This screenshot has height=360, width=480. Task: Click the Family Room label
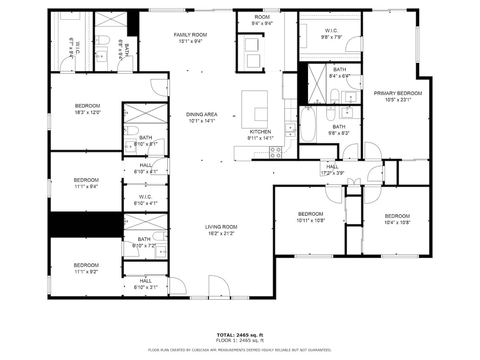(190, 35)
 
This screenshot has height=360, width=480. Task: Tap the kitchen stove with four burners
(275, 153)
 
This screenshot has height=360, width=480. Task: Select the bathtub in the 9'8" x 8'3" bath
(308, 124)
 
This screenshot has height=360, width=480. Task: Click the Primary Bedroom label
(398, 94)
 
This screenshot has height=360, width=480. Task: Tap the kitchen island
(254, 105)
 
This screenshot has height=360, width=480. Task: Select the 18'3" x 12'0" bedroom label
(87, 106)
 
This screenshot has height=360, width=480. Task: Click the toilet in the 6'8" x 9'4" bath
(104, 40)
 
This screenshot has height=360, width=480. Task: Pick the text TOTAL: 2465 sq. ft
(240, 335)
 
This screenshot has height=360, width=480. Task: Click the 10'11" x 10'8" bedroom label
(310, 214)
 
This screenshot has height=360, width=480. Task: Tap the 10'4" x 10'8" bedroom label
(397, 216)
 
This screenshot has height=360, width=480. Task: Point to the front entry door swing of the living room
(219, 287)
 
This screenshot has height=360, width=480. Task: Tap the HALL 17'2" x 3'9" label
(332, 167)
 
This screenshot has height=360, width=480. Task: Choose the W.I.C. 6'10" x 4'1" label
(146, 197)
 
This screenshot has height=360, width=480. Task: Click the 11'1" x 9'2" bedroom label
(86, 265)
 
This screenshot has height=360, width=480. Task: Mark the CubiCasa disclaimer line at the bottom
(240, 350)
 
